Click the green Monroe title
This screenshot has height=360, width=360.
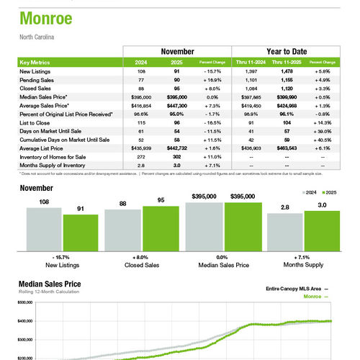(47, 17)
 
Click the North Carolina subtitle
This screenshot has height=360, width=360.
(37, 36)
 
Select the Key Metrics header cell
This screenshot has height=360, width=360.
(35, 63)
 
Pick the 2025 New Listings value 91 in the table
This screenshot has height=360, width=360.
(176, 71)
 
